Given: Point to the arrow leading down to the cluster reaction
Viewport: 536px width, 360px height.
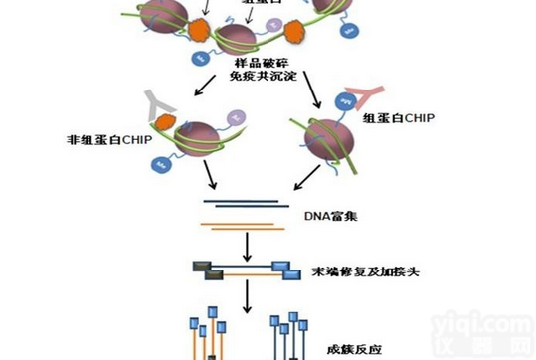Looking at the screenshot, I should [245, 295].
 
